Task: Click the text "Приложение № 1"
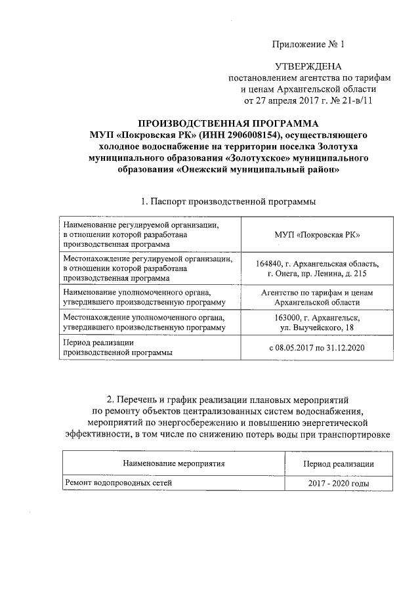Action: [308, 44]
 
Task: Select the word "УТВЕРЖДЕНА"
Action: [308, 67]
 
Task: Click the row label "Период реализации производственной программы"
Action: [117, 347]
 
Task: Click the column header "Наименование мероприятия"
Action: [173, 463]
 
